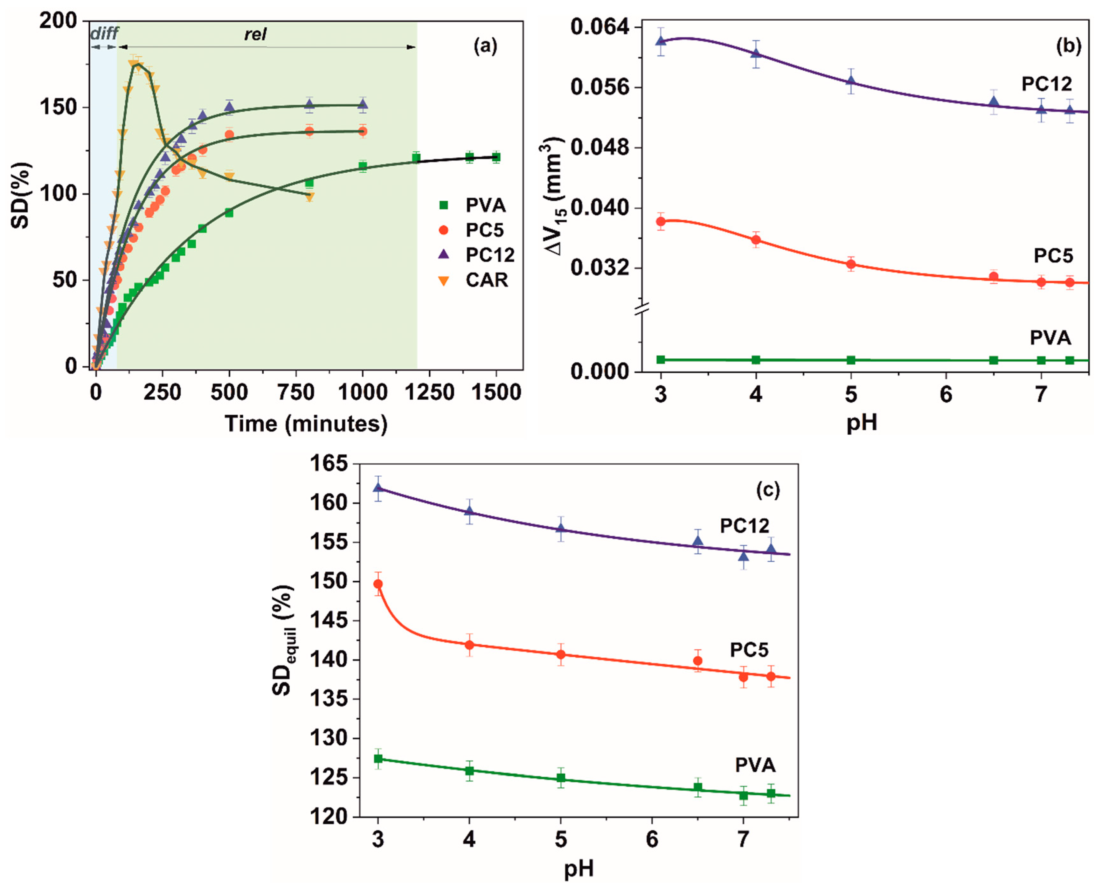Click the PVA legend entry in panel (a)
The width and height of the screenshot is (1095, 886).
[x=484, y=205]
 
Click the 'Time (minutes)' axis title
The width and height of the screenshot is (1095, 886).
[x=306, y=424]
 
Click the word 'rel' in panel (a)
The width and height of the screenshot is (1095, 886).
[x=255, y=35]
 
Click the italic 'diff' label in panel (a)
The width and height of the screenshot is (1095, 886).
[x=104, y=34]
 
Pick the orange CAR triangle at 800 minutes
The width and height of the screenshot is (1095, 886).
[x=309, y=197]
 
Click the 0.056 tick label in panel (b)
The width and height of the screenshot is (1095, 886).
[x=599, y=87]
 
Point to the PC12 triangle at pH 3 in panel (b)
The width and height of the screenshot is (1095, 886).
[x=661, y=41]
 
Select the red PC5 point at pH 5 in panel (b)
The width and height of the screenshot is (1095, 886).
[x=851, y=264]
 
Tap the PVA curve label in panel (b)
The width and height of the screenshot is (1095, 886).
[x=1050, y=338]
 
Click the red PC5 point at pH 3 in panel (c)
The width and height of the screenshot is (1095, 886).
[x=378, y=584]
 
